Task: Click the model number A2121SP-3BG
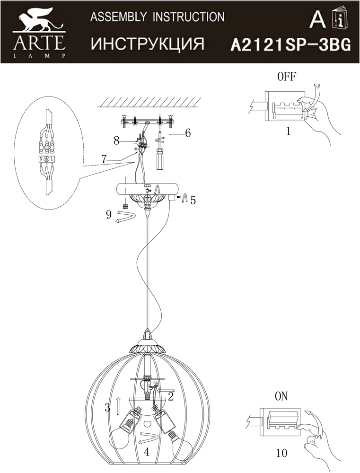pyautogui.click(x=290, y=44)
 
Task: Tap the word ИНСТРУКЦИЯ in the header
pyautogui.click(x=147, y=44)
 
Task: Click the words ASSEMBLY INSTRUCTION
pyautogui.click(x=157, y=18)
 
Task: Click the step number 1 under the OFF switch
pyautogui.click(x=288, y=132)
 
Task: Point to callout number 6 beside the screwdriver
pyautogui.click(x=188, y=133)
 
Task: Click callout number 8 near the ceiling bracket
pyautogui.click(x=116, y=140)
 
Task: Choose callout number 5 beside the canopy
pyautogui.click(x=193, y=200)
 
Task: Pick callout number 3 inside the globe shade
pyautogui.click(x=108, y=406)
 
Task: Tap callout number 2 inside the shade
pyautogui.click(x=171, y=396)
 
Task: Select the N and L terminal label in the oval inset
pyautogui.click(x=46, y=160)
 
